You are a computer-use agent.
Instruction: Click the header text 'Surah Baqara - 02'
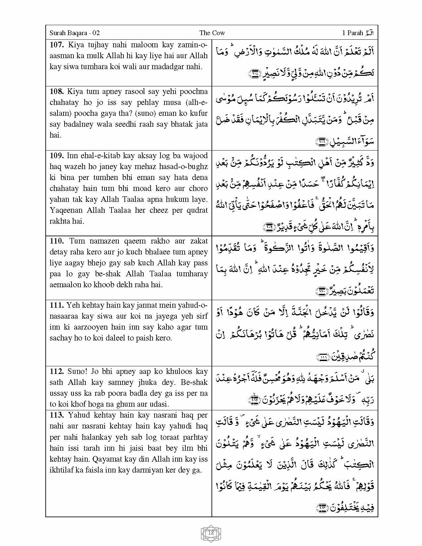coord(74,33)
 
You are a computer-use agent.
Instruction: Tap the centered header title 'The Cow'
coord(212,33)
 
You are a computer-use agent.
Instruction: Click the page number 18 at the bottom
coord(211,533)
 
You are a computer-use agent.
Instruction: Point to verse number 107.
coord(57,45)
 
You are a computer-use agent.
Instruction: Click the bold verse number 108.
coord(57,91)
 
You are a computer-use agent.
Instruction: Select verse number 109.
coord(57,156)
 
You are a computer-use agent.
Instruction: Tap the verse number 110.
coord(57,241)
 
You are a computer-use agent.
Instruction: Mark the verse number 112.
coord(57,371)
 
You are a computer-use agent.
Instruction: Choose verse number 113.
coord(57,415)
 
